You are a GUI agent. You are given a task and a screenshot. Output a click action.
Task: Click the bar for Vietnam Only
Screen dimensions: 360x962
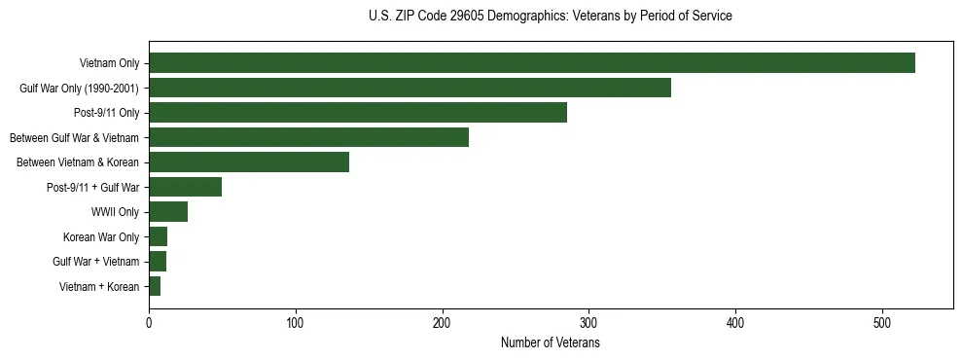[x=531, y=63]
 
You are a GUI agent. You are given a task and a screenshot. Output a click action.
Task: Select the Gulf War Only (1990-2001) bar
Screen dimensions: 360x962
[x=410, y=88]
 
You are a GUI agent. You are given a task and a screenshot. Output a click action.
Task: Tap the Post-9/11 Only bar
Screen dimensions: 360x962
[x=358, y=113]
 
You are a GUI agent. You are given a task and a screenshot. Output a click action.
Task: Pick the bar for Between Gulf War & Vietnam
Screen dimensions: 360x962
[x=308, y=137]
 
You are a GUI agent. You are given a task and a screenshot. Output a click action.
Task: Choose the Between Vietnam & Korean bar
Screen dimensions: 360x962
[x=249, y=162]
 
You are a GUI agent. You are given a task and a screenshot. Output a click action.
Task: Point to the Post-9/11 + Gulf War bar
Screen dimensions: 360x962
[x=185, y=187]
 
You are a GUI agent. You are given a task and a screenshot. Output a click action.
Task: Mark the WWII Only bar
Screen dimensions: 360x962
[x=168, y=212]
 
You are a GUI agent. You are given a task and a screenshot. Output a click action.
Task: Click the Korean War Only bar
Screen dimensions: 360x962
[x=159, y=236]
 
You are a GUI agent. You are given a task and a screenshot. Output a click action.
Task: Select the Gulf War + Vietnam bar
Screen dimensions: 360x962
[x=158, y=261]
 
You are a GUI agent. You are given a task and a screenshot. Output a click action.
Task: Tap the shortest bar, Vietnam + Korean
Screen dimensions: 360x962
[x=155, y=286]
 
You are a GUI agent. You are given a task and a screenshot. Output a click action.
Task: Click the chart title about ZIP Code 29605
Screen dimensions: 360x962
[x=550, y=17]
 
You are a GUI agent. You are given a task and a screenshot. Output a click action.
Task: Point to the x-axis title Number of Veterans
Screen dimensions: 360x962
[x=550, y=343]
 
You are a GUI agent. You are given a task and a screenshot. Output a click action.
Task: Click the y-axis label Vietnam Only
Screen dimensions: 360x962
[x=109, y=63]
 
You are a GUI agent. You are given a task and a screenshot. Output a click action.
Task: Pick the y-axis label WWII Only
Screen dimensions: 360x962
[x=115, y=212]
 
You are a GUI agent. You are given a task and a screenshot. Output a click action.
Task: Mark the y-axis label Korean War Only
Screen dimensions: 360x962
[x=101, y=236]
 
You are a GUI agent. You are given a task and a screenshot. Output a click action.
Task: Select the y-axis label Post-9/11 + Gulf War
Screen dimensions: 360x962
[x=93, y=187]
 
